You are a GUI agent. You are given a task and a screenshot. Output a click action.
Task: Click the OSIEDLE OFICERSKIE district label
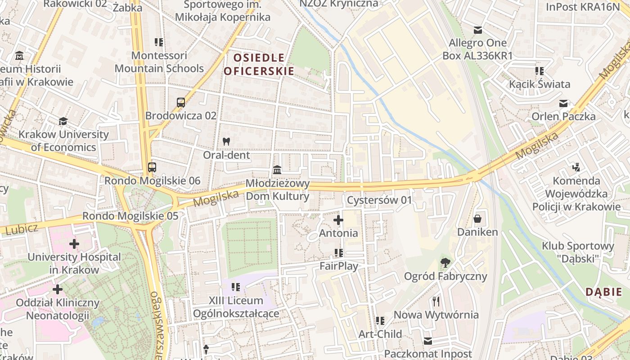coord(259,64)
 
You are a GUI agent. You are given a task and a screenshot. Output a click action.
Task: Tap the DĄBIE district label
coord(603,292)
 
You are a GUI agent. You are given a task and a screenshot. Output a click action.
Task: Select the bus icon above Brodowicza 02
coord(181,103)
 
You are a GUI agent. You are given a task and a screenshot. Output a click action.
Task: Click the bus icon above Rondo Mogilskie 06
coord(152,167)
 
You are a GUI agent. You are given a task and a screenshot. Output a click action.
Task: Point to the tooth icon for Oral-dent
coord(226,141)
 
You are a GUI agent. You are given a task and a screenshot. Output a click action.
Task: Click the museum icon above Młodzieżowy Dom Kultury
coord(277,170)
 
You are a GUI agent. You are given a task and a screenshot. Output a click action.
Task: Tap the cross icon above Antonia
coord(338,220)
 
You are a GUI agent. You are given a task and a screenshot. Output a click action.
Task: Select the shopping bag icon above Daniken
coord(477,219)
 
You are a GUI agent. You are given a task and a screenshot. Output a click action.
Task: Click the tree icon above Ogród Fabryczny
coord(445,262)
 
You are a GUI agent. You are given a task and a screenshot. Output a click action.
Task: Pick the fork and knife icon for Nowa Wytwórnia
coord(436,301)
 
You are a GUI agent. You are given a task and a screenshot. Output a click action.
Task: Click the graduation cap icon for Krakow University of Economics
coord(63,121)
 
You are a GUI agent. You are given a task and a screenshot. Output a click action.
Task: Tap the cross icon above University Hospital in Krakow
coord(74,244)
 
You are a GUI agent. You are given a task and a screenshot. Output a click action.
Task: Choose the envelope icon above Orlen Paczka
coord(563,103)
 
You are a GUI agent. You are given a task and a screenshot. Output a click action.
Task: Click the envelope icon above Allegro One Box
coord(477,30)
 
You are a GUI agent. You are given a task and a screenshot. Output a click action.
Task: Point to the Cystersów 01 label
coord(379,200)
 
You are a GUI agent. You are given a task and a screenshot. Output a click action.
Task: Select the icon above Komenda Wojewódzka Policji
coord(576,167)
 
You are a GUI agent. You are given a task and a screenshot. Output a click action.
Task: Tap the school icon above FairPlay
coord(338,253)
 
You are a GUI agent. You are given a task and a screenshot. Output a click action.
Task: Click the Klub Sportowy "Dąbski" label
coord(578,252)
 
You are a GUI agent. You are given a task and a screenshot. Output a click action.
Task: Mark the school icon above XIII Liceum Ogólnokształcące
coord(235,287)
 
